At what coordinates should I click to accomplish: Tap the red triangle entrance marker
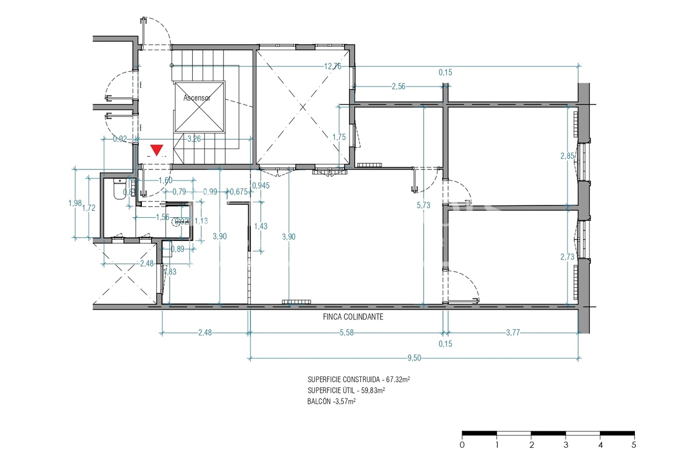(156, 150)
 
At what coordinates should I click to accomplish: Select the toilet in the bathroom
(118, 189)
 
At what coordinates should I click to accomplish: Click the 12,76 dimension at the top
(332, 66)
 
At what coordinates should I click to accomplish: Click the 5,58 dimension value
(346, 332)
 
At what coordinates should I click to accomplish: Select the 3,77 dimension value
(513, 332)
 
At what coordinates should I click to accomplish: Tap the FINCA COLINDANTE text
(353, 317)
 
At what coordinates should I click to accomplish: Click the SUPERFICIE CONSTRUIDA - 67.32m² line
(358, 380)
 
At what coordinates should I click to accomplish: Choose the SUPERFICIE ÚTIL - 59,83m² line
(346, 390)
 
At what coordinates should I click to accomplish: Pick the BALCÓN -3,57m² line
(332, 402)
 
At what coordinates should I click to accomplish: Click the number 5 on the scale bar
(634, 444)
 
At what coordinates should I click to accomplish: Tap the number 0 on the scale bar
(462, 444)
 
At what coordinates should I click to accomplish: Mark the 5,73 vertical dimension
(424, 205)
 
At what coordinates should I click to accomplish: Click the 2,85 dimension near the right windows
(567, 156)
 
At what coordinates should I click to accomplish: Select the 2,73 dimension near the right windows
(567, 257)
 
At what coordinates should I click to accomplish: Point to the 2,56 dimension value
(398, 86)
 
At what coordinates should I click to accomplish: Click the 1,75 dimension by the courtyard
(339, 137)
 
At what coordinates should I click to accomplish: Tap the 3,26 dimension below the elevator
(194, 138)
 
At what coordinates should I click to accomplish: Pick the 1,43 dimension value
(261, 226)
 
